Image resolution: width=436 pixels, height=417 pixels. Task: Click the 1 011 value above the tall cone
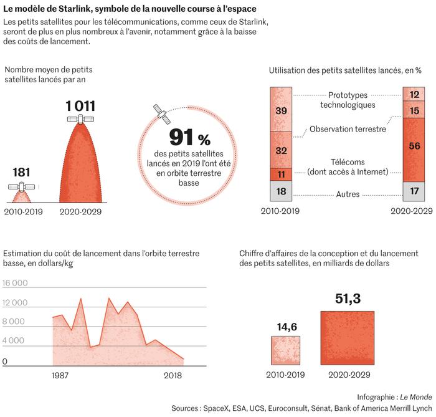[x=80, y=106]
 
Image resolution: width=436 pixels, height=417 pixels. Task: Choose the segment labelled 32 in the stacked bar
[x=281, y=150]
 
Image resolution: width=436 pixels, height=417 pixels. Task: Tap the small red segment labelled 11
[x=281, y=174]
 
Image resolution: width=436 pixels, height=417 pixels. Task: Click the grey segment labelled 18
[x=281, y=192]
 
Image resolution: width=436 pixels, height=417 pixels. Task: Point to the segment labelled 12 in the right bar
[x=414, y=95]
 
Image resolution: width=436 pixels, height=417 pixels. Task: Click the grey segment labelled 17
[x=414, y=191]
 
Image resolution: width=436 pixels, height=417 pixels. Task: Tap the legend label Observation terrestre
[x=348, y=129]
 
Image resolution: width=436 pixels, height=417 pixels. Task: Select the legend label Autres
[x=348, y=194]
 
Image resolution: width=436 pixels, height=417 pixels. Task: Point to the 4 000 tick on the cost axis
[x=16, y=341]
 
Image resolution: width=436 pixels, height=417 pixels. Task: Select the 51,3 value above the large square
[x=348, y=299]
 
